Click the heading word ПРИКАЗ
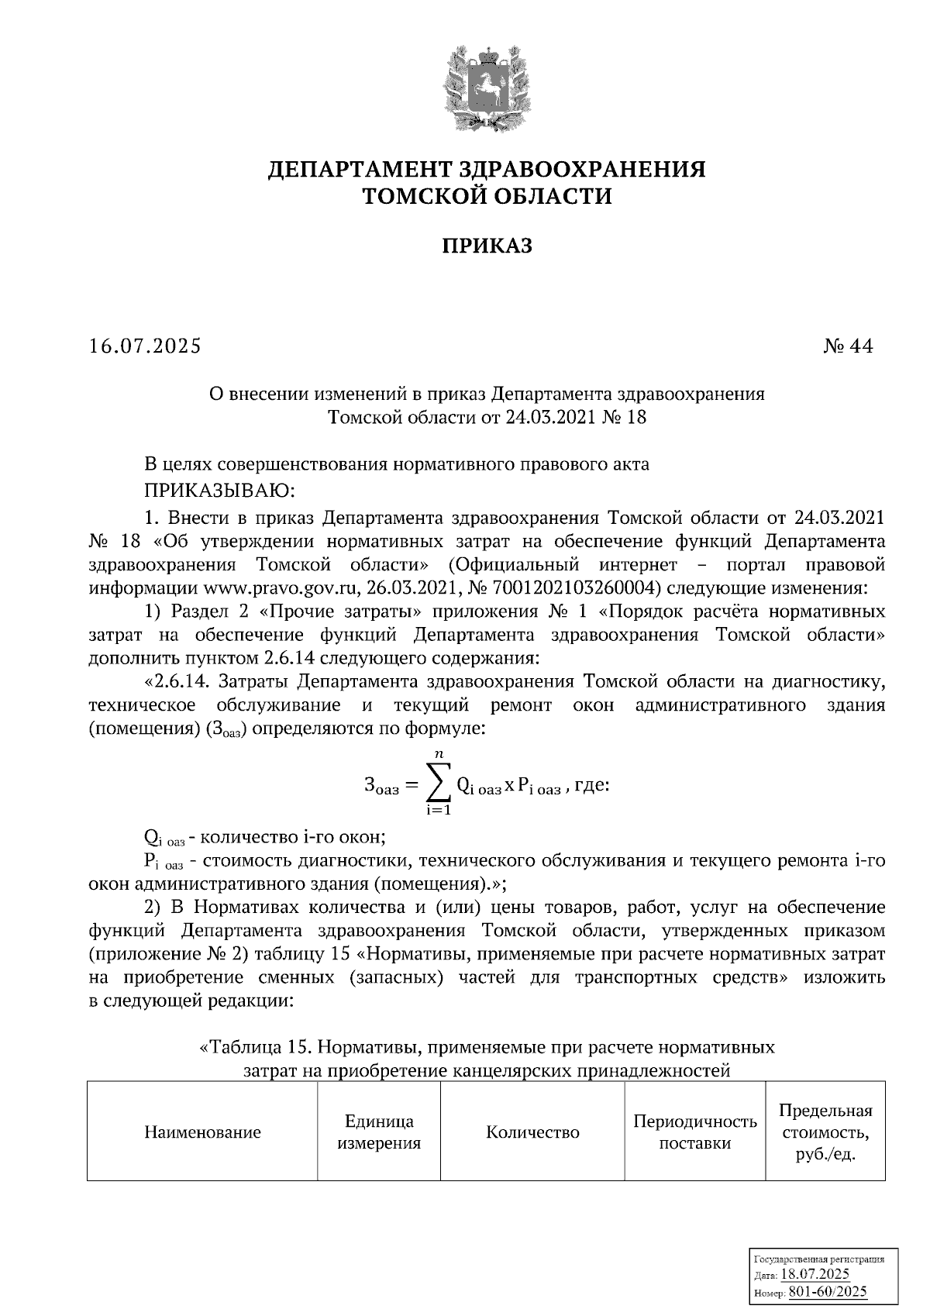tap(487, 247)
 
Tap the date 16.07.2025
tap(145, 346)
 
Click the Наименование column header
tap(202, 1132)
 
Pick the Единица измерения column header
tap(379, 1132)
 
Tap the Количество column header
tap(532, 1132)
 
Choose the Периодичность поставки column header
tap(694, 1132)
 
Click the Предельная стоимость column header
tap(825, 1132)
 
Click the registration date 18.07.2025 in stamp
tap(815, 1275)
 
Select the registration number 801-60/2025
tap(828, 1292)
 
